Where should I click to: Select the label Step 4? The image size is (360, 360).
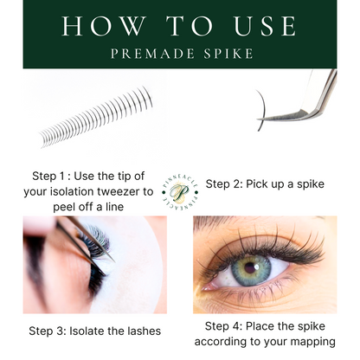point(224,325)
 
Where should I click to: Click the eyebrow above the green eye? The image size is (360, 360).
point(260,227)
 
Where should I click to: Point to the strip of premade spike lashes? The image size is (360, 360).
point(95,121)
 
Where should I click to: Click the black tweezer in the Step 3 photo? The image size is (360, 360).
point(87,234)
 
